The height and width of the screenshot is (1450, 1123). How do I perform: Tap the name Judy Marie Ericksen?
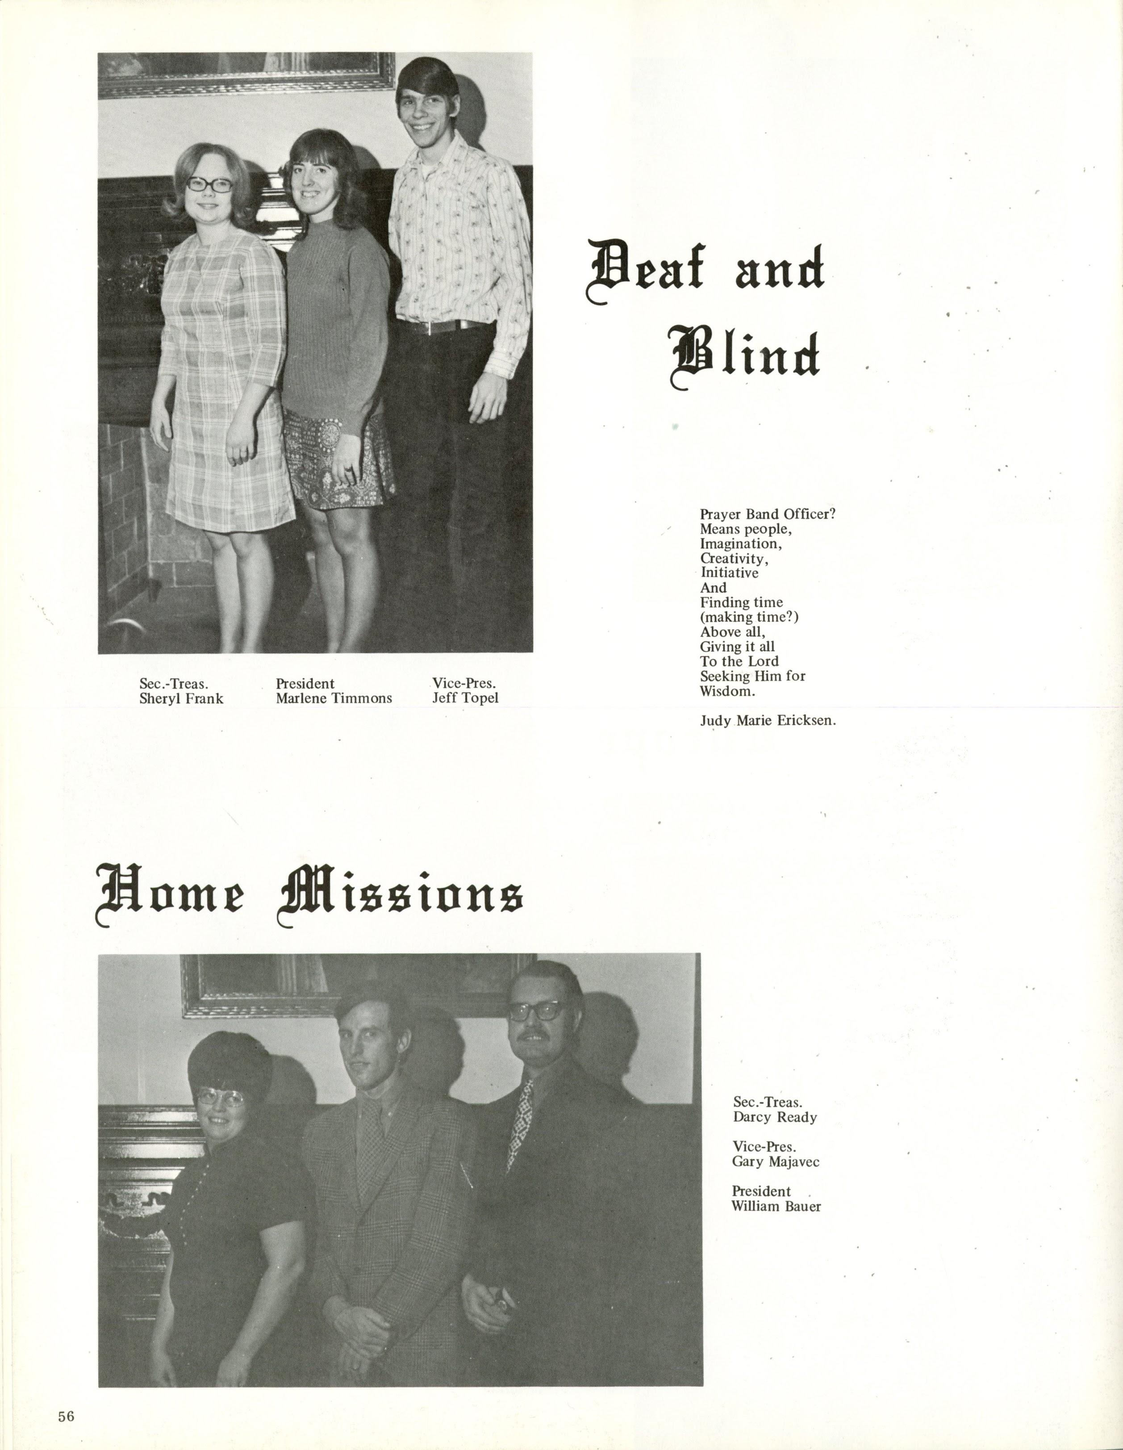click(x=767, y=721)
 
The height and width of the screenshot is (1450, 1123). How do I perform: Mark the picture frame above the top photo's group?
click(x=246, y=77)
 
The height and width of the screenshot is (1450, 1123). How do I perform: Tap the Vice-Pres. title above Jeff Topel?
click(x=464, y=684)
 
